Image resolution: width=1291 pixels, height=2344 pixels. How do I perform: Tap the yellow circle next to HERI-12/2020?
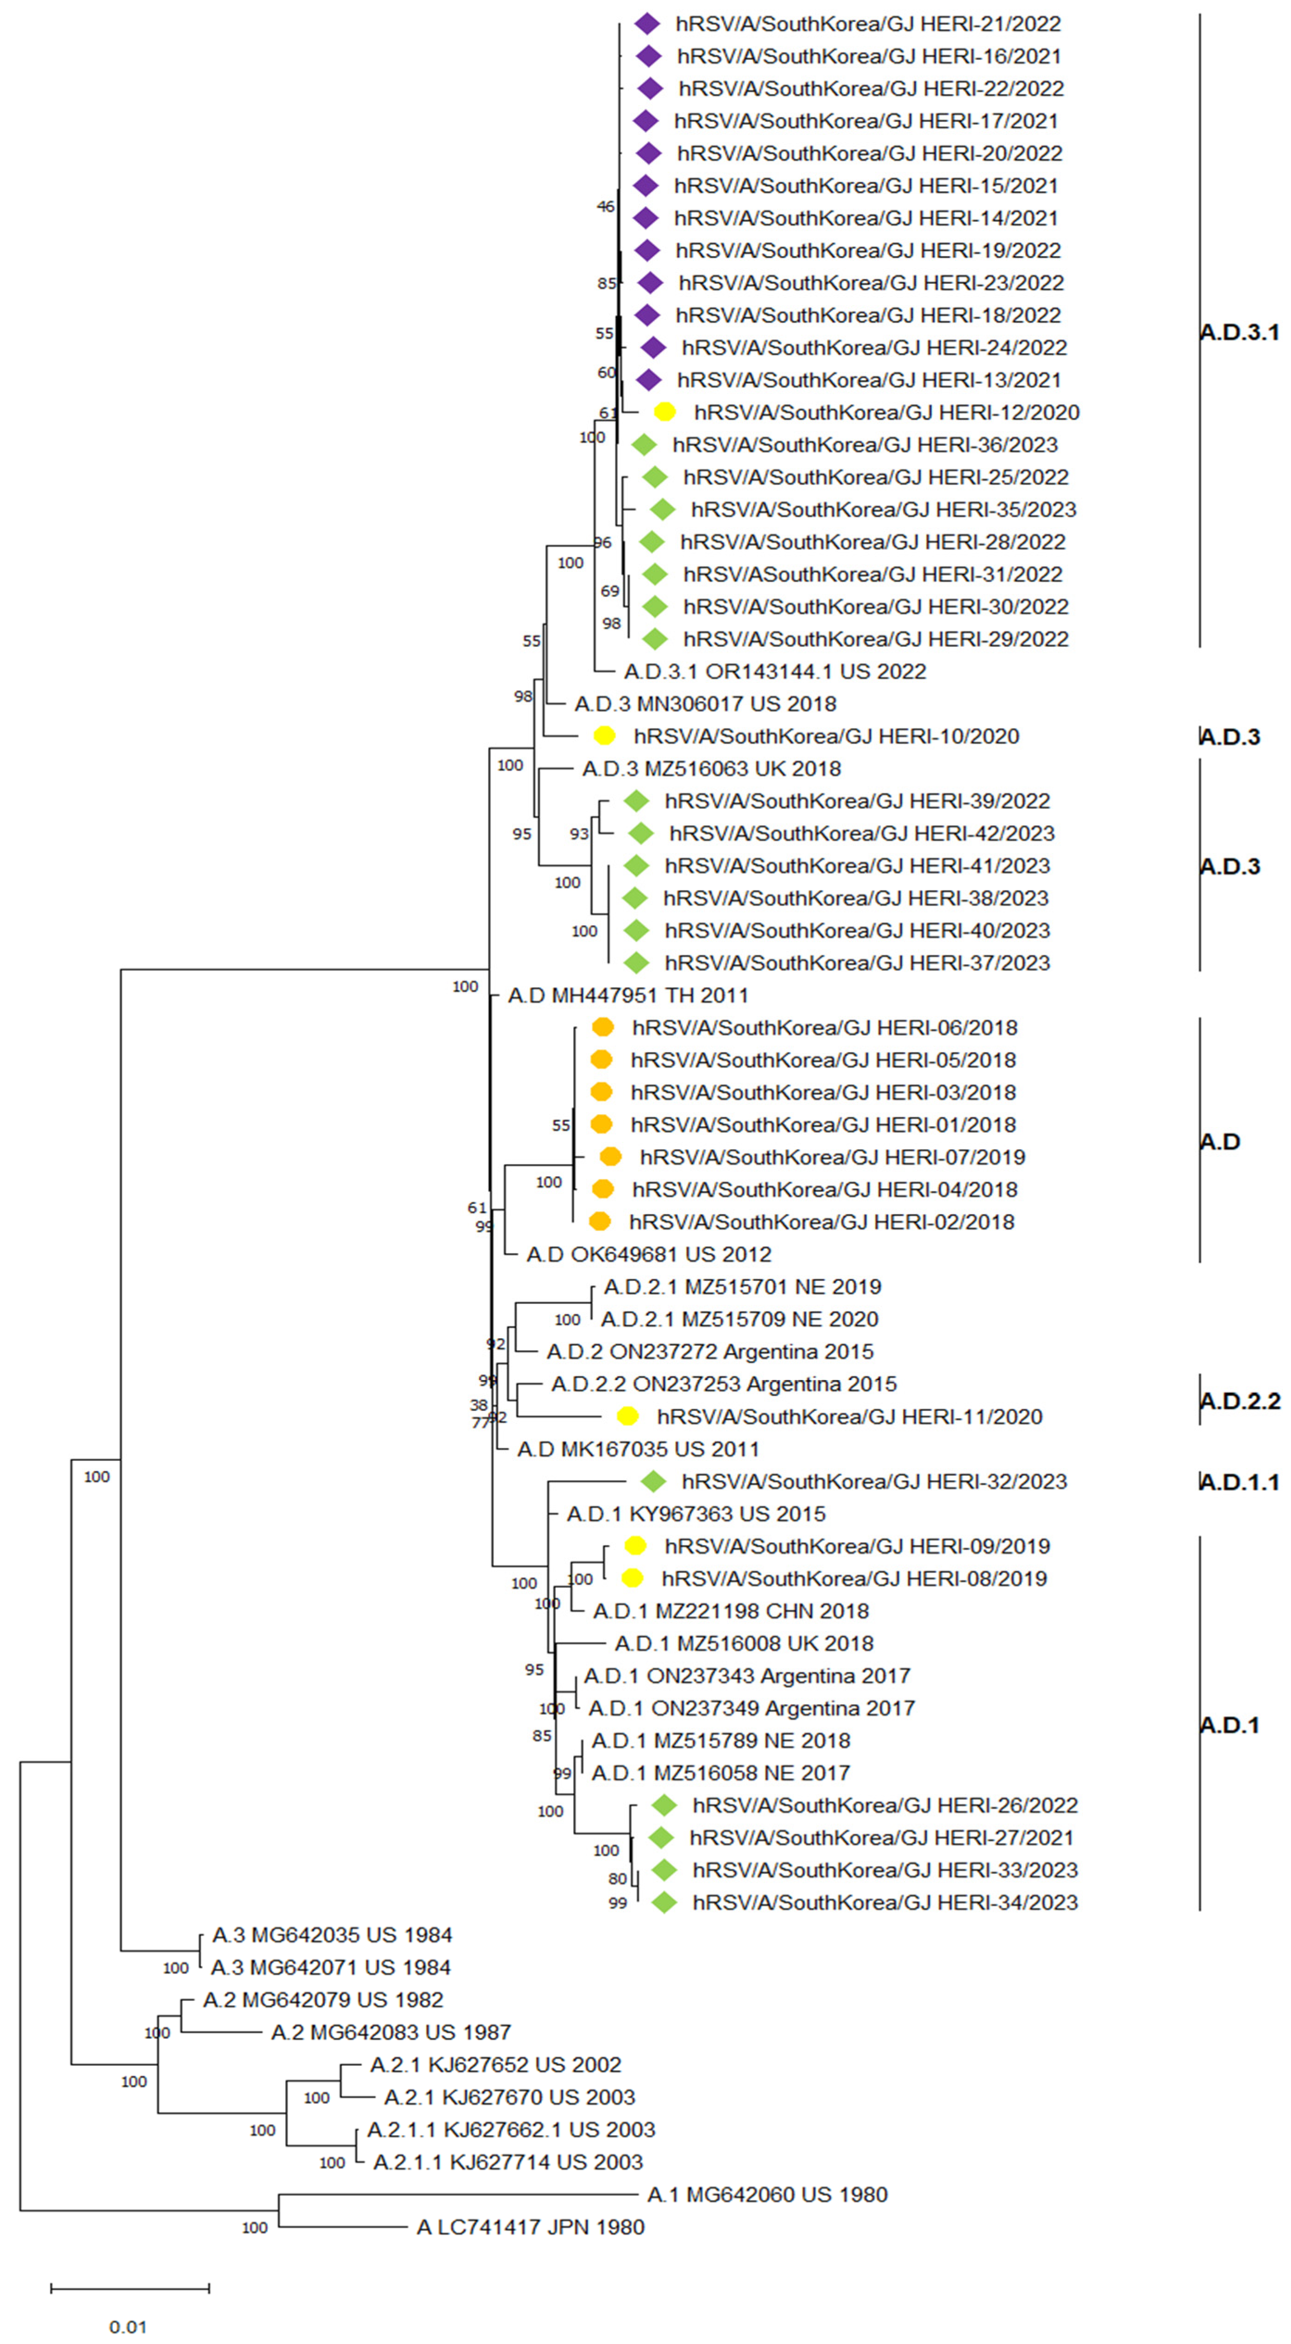[665, 412]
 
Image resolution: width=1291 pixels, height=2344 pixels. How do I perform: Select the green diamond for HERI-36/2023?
[644, 445]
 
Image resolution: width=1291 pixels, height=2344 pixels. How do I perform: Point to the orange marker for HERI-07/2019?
[610, 1157]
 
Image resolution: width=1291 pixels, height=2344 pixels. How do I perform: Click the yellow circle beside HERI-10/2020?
[604, 736]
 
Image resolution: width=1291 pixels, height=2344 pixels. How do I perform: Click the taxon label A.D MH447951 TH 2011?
[628, 996]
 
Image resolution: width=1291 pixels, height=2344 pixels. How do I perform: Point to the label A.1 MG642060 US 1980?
[767, 2195]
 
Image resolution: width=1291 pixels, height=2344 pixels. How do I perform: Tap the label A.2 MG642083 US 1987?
[391, 2032]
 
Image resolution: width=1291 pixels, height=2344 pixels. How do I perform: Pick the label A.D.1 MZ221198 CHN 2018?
[731, 1611]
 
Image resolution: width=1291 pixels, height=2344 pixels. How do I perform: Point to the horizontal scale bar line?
[130, 2288]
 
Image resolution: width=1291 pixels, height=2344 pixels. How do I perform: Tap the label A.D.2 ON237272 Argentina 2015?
[710, 1351]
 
